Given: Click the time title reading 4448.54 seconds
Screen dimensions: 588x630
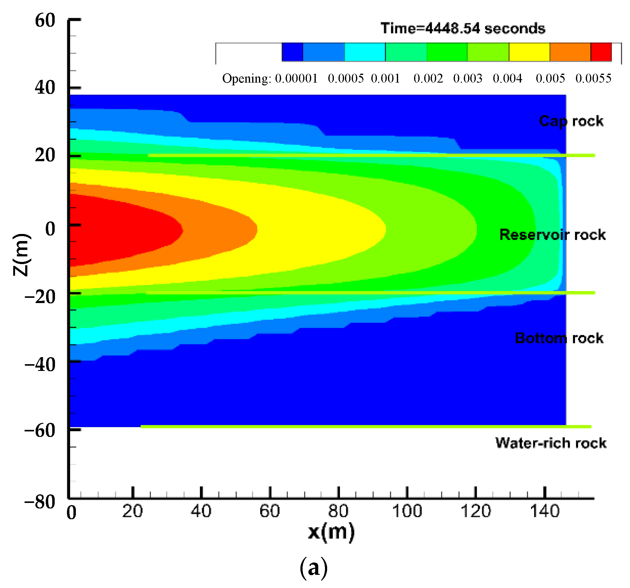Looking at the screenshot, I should [463, 29].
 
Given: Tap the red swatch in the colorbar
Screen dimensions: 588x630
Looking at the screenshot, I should [601, 52].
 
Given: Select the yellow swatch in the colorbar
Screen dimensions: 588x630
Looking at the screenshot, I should [529, 52].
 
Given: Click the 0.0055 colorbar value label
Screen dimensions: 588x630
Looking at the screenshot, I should [593, 78].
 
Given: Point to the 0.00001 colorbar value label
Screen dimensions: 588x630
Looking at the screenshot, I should [296, 78].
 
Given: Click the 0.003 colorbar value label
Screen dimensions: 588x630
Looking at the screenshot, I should [468, 78].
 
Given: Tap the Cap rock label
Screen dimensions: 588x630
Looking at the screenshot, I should [571, 121].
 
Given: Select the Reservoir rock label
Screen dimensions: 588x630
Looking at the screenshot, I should [552, 235].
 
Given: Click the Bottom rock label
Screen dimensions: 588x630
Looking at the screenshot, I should [559, 338].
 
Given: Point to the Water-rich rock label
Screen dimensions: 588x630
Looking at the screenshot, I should [551, 443].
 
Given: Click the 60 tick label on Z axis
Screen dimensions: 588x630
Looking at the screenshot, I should [45, 21].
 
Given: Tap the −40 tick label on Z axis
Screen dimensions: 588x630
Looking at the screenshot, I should [40, 365].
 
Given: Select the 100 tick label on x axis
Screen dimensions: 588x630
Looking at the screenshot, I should [407, 511].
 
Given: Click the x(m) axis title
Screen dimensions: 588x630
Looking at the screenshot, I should [331, 532].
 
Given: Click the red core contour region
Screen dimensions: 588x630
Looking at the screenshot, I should [120, 230].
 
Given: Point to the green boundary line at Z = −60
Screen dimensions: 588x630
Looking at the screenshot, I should [364, 426].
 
